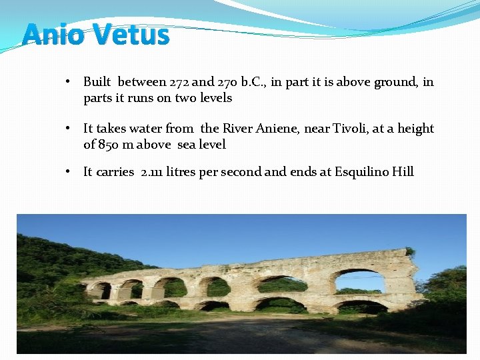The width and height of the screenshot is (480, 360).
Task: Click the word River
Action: (237, 129)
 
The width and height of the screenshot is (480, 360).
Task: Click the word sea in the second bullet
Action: (187, 145)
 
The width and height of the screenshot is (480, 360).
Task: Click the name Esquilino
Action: (361, 172)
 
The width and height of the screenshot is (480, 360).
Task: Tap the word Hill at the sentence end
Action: (403, 172)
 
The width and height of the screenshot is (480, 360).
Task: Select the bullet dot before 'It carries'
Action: (69, 172)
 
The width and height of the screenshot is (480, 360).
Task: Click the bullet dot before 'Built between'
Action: (69, 82)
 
